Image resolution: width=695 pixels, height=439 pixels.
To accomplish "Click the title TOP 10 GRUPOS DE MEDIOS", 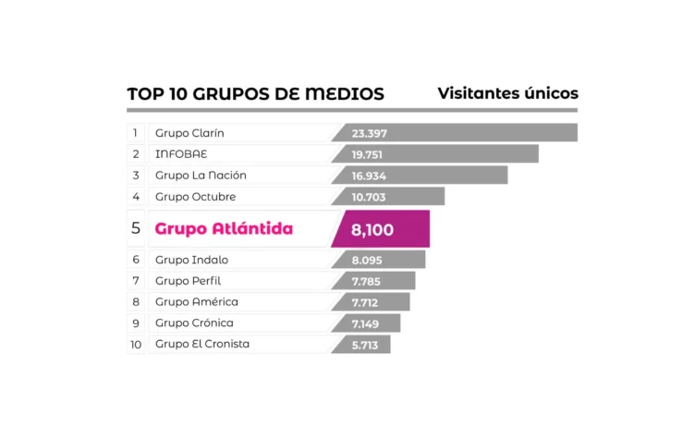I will tap(255, 94).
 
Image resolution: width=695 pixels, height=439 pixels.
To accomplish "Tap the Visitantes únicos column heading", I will tap(507, 93).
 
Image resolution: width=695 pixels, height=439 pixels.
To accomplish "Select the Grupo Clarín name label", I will tap(189, 133).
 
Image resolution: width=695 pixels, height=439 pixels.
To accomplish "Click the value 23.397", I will tap(370, 133).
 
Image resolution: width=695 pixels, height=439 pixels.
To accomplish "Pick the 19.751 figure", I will tap(369, 154).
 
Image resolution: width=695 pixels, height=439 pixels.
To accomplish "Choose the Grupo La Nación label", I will tap(201, 176).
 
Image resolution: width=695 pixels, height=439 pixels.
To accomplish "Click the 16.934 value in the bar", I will tap(369, 176).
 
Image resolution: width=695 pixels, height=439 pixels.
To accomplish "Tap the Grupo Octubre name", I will tap(195, 197).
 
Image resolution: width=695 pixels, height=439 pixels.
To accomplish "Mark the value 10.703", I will tap(369, 197).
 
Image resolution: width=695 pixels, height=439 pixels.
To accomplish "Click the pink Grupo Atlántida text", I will tap(224, 229).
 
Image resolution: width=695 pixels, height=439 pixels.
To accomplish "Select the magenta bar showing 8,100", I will tap(381, 229).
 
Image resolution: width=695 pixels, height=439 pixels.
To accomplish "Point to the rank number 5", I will tap(136, 229).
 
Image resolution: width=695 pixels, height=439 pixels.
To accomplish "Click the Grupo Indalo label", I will tap(191, 260).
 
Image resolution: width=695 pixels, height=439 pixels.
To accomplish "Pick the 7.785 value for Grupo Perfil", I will tap(368, 281).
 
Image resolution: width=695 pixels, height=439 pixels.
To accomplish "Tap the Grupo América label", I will tap(196, 302).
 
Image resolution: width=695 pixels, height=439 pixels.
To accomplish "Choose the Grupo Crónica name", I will tap(194, 323).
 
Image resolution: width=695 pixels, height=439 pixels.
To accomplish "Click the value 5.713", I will tap(367, 345).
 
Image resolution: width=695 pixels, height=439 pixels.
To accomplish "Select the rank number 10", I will tap(136, 345).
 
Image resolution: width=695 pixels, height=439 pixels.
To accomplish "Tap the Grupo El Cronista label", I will tap(202, 345).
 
